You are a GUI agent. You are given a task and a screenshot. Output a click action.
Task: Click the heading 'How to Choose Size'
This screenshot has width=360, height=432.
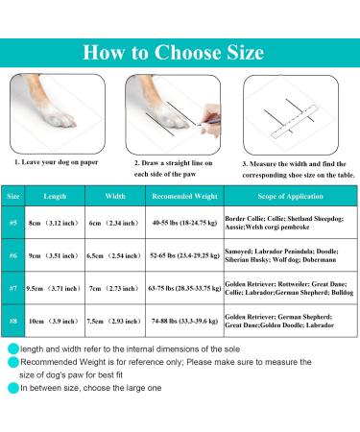pyautogui.click(x=180, y=51)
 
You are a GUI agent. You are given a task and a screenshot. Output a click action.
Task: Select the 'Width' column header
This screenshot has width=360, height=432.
pyautogui.click(x=115, y=194)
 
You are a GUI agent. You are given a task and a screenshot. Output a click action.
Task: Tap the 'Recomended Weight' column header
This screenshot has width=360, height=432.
pyautogui.click(x=182, y=194)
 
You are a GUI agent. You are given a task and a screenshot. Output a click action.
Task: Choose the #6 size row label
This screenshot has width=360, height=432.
pyautogui.click(x=13, y=256)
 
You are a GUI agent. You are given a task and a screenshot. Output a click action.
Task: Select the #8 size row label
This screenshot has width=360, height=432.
pyautogui.click(x=13, y=320)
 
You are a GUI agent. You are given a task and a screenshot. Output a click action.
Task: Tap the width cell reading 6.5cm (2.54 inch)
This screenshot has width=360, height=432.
pyautogui.click(x=115, y=256)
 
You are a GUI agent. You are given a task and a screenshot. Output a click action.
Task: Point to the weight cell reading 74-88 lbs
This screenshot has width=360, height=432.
pyautogui.click(x=182, y=320)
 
